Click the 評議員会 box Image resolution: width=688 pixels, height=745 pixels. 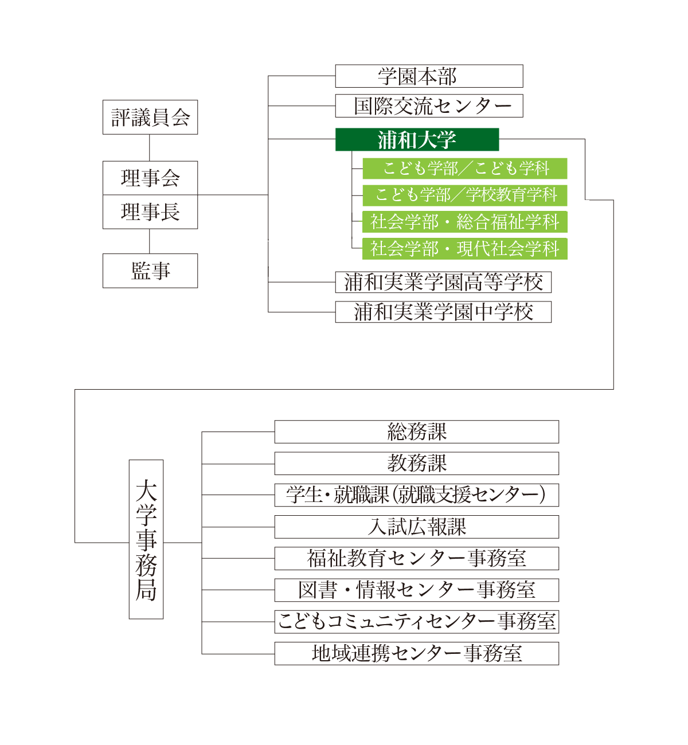pyautogui.click(x=150, y=117)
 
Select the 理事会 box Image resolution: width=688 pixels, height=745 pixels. pyautogui.click(x=150, y=178)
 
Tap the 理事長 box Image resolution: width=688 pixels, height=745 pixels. pyautogui.click(x=150, y=211)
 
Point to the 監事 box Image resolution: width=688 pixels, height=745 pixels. pyautogui.click(x=150, y=271)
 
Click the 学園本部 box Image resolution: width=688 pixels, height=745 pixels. pyautogui.click(x=429, y=76)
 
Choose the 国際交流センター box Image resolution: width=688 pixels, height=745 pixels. pyautogui.click(x=429, y=106)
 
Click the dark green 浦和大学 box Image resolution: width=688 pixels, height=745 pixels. pyautogui.click(x=417, y=140)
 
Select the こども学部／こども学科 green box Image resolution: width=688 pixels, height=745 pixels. pyautogui.click(x=464, y=168)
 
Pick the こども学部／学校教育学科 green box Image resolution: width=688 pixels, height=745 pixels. pyautogui.click(x=464, y=195)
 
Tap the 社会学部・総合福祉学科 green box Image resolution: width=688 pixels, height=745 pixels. pyautogui.click(x=464, y=222)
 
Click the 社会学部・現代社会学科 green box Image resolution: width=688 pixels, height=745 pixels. pyautogui.click(x=464, y=249)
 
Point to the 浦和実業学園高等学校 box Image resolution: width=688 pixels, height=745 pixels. pyautogui.click(x=443, y=282)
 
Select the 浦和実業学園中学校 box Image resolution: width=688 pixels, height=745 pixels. pyautogui.click(x=443, y=312)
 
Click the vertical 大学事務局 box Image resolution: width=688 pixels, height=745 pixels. pyautogui.click(x=146, y=539)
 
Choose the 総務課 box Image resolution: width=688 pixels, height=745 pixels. pyautogui.click(x=416, y=432)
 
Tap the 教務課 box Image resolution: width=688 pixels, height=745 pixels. pyautogui.click(x=416, y=463)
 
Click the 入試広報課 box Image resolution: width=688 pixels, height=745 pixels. pyautogui.click(x=416, y=527)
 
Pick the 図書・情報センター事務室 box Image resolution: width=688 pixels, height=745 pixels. pyautogui.click(x=416, y=590)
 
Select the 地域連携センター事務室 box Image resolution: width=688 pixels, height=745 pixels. pyautogui.click(x=416, y=653)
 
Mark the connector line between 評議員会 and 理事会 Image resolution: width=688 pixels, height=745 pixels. pyautogui.click(x=150, y=148)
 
